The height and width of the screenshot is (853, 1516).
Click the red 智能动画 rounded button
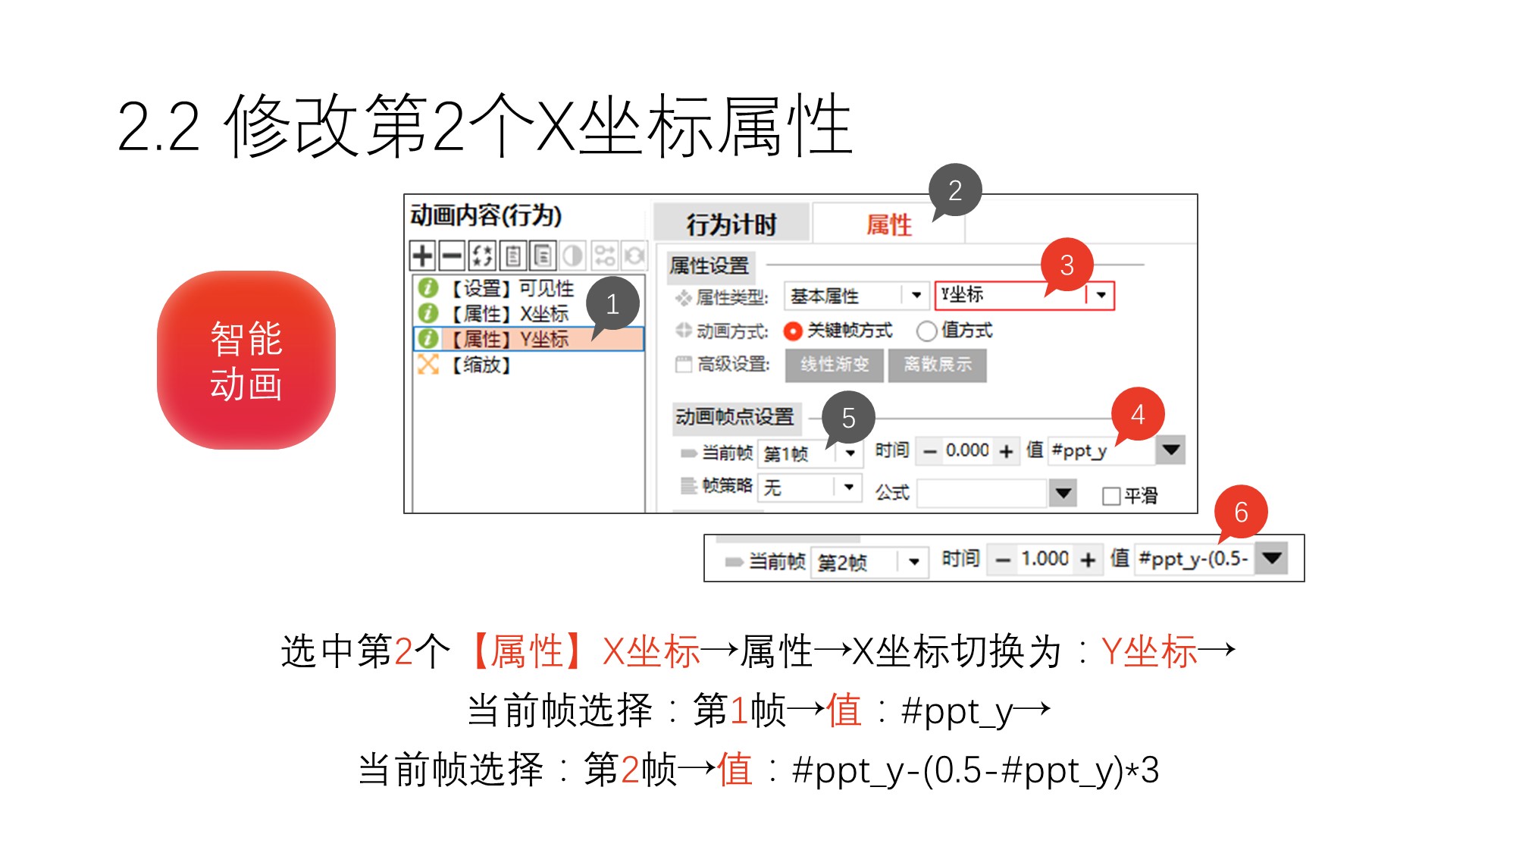pyautogui.click(x=246, y=360)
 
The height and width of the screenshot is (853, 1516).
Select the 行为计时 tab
pyautogui.click(x=731, y=224)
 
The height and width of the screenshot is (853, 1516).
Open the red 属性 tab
pyautogui.click(x=888, y=224)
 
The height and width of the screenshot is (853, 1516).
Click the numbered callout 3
pyautogui.click(x=1067, y=265)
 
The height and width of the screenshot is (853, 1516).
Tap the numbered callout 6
pyautogui.click(x=1241, y=513)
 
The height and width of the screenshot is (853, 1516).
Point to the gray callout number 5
pyautogui.click(x=848, y=418)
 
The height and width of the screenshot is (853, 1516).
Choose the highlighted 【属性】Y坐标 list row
pyautogui.click(x=528, y=339)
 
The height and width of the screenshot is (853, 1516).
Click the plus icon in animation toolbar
pyautogui.click(x=422, y=256)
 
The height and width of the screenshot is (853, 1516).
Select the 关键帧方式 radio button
pyautogui.click(x=793, y=331)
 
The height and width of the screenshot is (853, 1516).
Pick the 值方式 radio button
pyautogui.click(x=926, y=331)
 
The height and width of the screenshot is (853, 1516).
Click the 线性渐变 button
pyautogui.click(x=835, y=365)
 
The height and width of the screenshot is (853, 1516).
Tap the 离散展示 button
pyautogui.click(x=938, y=365)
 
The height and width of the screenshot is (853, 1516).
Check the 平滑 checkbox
pyautogui.click(x=1111, y=496)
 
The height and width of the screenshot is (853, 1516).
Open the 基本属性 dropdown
pyautogui.click(x=857, y=296)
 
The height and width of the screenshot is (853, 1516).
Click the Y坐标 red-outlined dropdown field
pyautogui.click(x=1025, y=295)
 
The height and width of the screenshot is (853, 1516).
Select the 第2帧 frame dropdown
pyautogui.click(x=869, y=562)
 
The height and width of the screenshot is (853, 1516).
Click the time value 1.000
pyautogui.click(x=1045, y=560)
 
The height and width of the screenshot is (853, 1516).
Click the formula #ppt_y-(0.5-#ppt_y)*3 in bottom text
pyautogui.click(x=976, y=771)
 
